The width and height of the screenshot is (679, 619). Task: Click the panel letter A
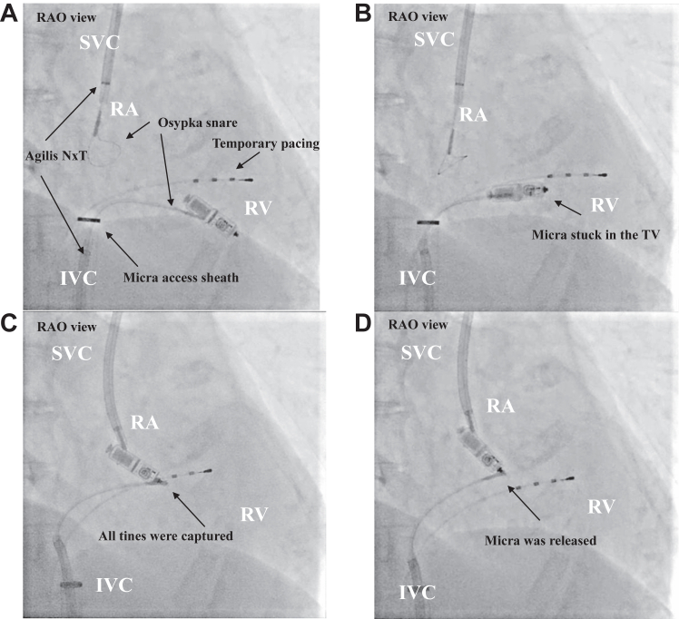coord(9,14)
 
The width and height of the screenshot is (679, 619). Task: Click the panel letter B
coord(362,14)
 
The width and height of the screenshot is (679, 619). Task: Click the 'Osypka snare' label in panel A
coord(198,123)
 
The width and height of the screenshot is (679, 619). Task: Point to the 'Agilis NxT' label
coord(56,155)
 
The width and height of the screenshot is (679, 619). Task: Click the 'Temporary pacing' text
coord(266,143)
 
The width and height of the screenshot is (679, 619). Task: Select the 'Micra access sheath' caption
coord(181,277)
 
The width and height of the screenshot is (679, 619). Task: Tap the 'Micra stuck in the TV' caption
coord(595,234)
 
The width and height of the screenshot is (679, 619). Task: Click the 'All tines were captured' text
coord(166,535)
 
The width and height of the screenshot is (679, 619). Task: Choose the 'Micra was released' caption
coord(540,540)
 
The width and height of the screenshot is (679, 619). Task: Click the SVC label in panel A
coord(99,43)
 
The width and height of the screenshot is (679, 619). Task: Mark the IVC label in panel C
coord(113,585)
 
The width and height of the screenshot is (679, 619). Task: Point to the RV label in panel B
coord(605,205)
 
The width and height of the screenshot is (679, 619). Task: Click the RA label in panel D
coord(500,406)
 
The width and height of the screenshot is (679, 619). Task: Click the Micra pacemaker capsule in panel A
coord(212,216)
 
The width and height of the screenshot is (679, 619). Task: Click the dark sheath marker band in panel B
coord(428,222)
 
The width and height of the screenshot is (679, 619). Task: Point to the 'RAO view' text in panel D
coord(418,325)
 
